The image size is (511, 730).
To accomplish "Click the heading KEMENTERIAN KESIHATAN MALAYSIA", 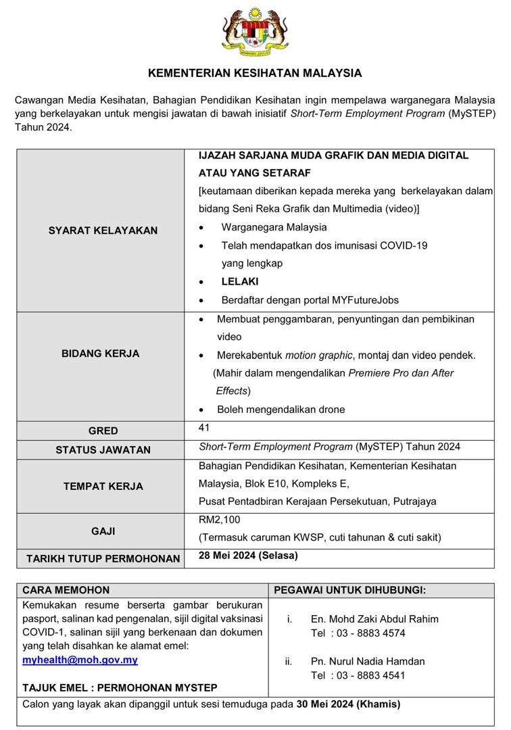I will [255, 73].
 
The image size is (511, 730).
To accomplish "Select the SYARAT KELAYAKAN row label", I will [103, 230].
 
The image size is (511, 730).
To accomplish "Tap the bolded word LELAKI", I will [240, 281].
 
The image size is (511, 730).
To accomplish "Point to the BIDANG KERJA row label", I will [101, 354].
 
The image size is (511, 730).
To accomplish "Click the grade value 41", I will [205, 428].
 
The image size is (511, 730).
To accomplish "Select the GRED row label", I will [103, 431].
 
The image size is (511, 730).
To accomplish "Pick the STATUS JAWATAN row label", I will [103, 449].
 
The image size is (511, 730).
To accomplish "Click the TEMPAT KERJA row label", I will [103, 486].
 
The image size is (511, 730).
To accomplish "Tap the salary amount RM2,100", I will [219, 520].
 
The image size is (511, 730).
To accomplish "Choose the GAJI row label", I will [103, 531].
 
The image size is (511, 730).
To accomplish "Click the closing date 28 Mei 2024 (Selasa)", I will [248, 556].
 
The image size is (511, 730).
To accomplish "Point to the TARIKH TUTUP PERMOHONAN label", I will [103, 558].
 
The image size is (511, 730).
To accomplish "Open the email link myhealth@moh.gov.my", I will [80, 660].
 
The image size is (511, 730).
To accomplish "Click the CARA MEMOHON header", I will [66, 590].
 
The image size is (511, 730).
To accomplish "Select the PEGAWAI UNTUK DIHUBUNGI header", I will [349, 590].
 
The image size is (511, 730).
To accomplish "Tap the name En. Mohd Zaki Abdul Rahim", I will [374, 618].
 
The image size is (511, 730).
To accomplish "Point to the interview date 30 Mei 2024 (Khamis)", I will [348, 704].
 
